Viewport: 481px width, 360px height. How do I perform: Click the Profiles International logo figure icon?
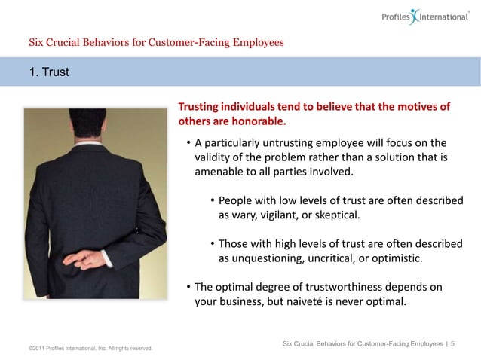click(414, 16)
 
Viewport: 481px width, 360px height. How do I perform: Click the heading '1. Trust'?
click(50, 72)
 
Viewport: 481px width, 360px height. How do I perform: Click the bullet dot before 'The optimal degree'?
click(188, 287)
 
